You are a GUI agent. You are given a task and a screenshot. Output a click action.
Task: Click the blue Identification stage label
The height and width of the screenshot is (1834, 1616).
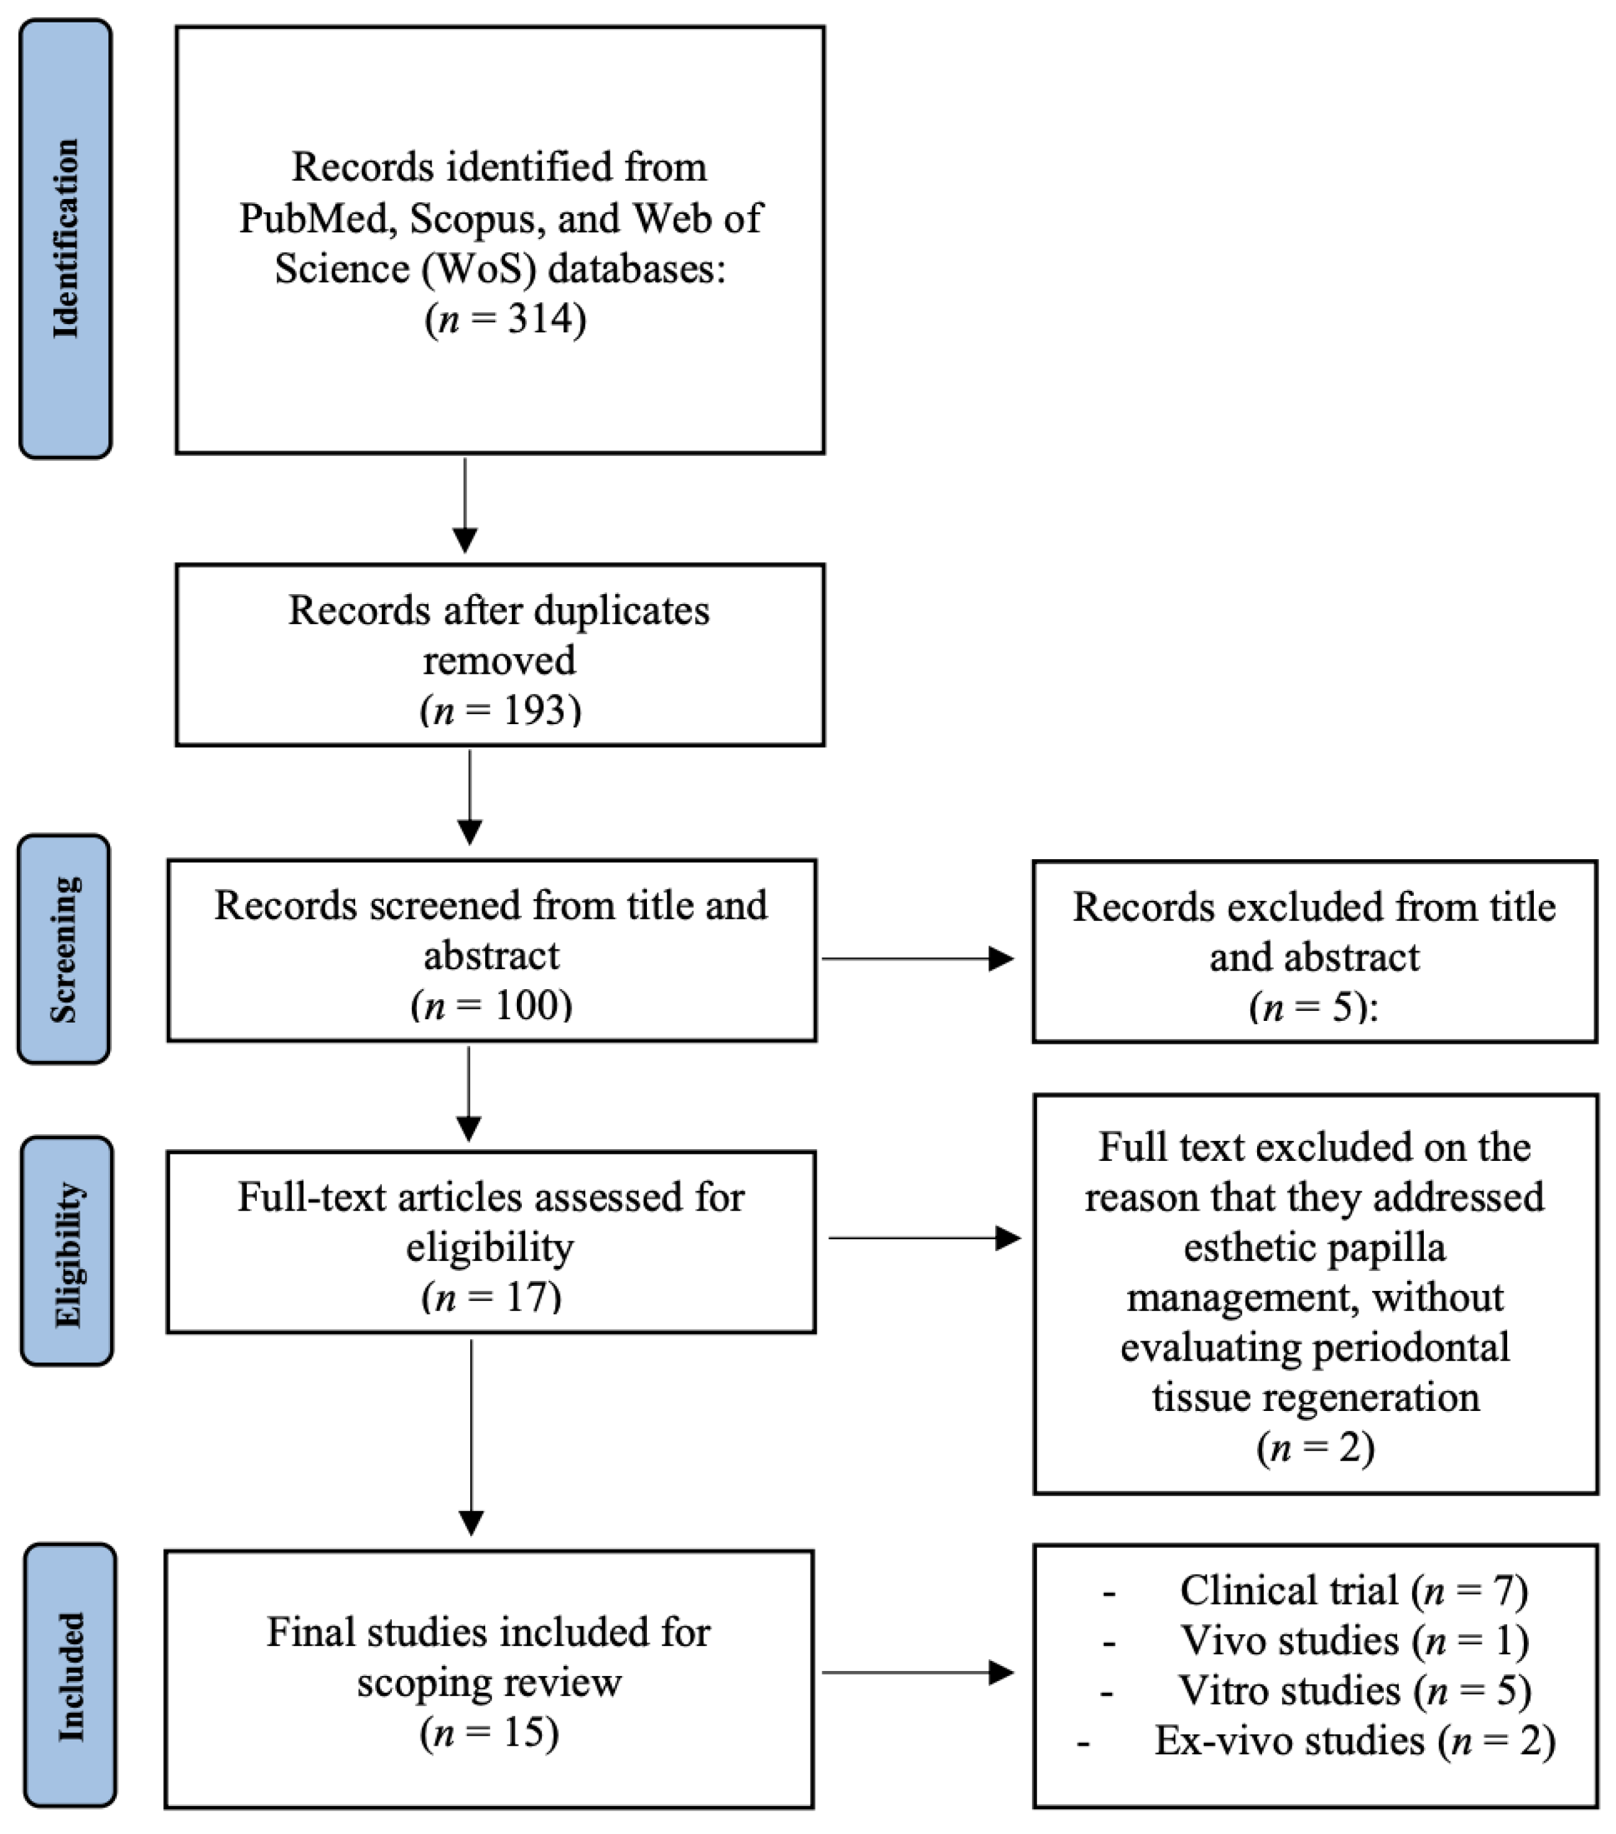click(65, 239)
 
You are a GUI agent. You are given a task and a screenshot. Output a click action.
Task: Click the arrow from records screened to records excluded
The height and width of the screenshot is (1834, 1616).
click(916, 958)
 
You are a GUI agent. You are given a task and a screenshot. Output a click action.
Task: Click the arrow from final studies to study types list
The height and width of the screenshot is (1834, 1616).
click(916, 1672)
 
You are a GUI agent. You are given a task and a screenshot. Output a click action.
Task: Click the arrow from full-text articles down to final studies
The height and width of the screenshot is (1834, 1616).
click(471, 1436)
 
